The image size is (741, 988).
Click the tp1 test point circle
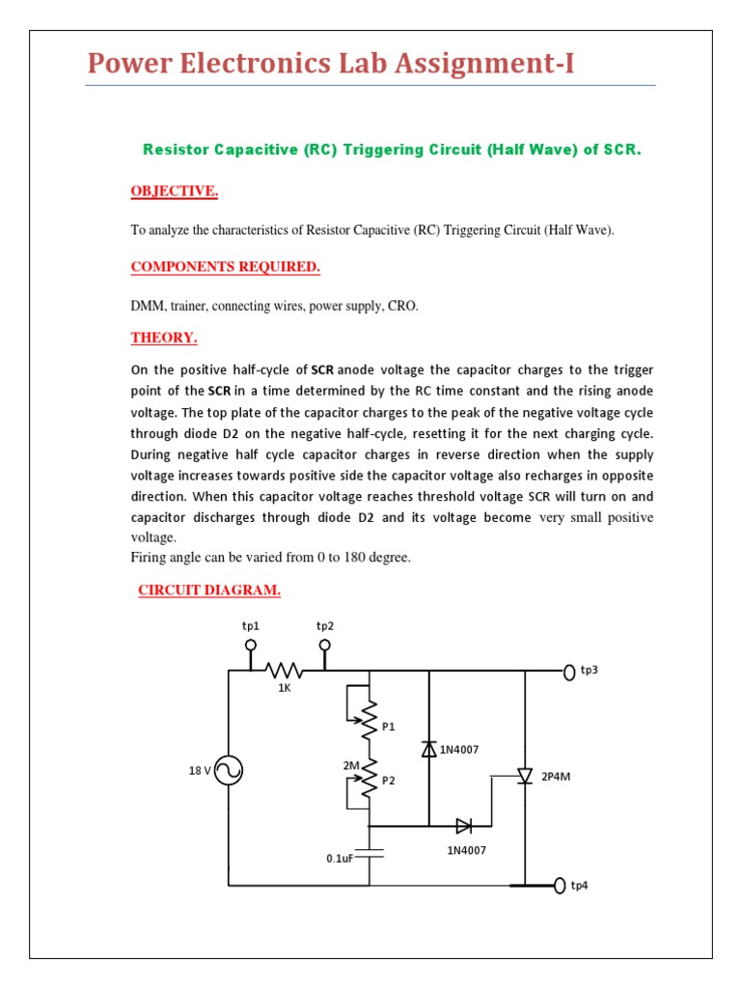coord(251,645)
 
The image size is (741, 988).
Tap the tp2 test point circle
coord(325,645)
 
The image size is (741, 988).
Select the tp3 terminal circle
coord(569,671)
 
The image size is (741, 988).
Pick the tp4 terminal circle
coord(561,885)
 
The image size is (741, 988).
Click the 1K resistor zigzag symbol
coord(285,671)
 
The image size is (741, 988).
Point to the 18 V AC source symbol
coord(229,770)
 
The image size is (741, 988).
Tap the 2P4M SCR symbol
coord(525,775)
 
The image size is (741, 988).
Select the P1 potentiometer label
coord(389,727)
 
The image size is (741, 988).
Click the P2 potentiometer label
coord(389,782)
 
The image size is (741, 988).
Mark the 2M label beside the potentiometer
coord(351,765)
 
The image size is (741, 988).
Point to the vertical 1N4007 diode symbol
coord(429,749)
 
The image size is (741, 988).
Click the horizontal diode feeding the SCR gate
coord(464,826)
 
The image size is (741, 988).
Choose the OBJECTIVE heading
coord(175,191)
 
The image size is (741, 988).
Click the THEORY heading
coord(164,338)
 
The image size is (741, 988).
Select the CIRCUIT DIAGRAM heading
coord(209,590)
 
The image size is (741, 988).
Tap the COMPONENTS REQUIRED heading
coord(225,266)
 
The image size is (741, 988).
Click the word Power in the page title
coord(127,64)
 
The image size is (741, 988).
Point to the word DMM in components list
coord(148,307)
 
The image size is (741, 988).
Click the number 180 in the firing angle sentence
coord(330,557)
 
